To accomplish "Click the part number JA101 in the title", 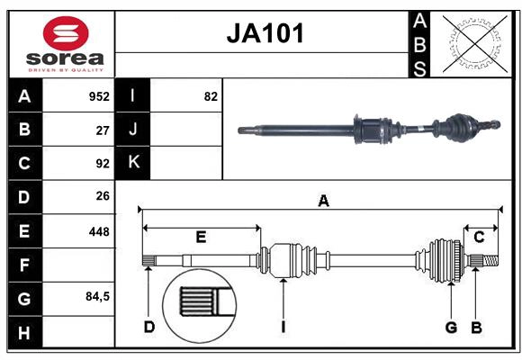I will click(264, 34).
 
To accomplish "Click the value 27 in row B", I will click(103, 130).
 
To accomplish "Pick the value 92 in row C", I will click(103, 164).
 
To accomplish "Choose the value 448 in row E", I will click(99, 231).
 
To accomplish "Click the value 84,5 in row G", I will click(97, 296).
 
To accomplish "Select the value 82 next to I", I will click(211, 96).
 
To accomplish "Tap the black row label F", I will click(24, 265).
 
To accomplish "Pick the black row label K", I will click(133, 163).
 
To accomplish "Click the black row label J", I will click(133, 130).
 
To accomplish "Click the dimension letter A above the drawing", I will click(323, 202).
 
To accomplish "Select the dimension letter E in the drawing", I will click(201, 237).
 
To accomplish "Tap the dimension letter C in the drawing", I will click(480, 237).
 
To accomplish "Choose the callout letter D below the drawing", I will click(149, 327).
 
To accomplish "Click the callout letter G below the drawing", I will click(451, 327).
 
